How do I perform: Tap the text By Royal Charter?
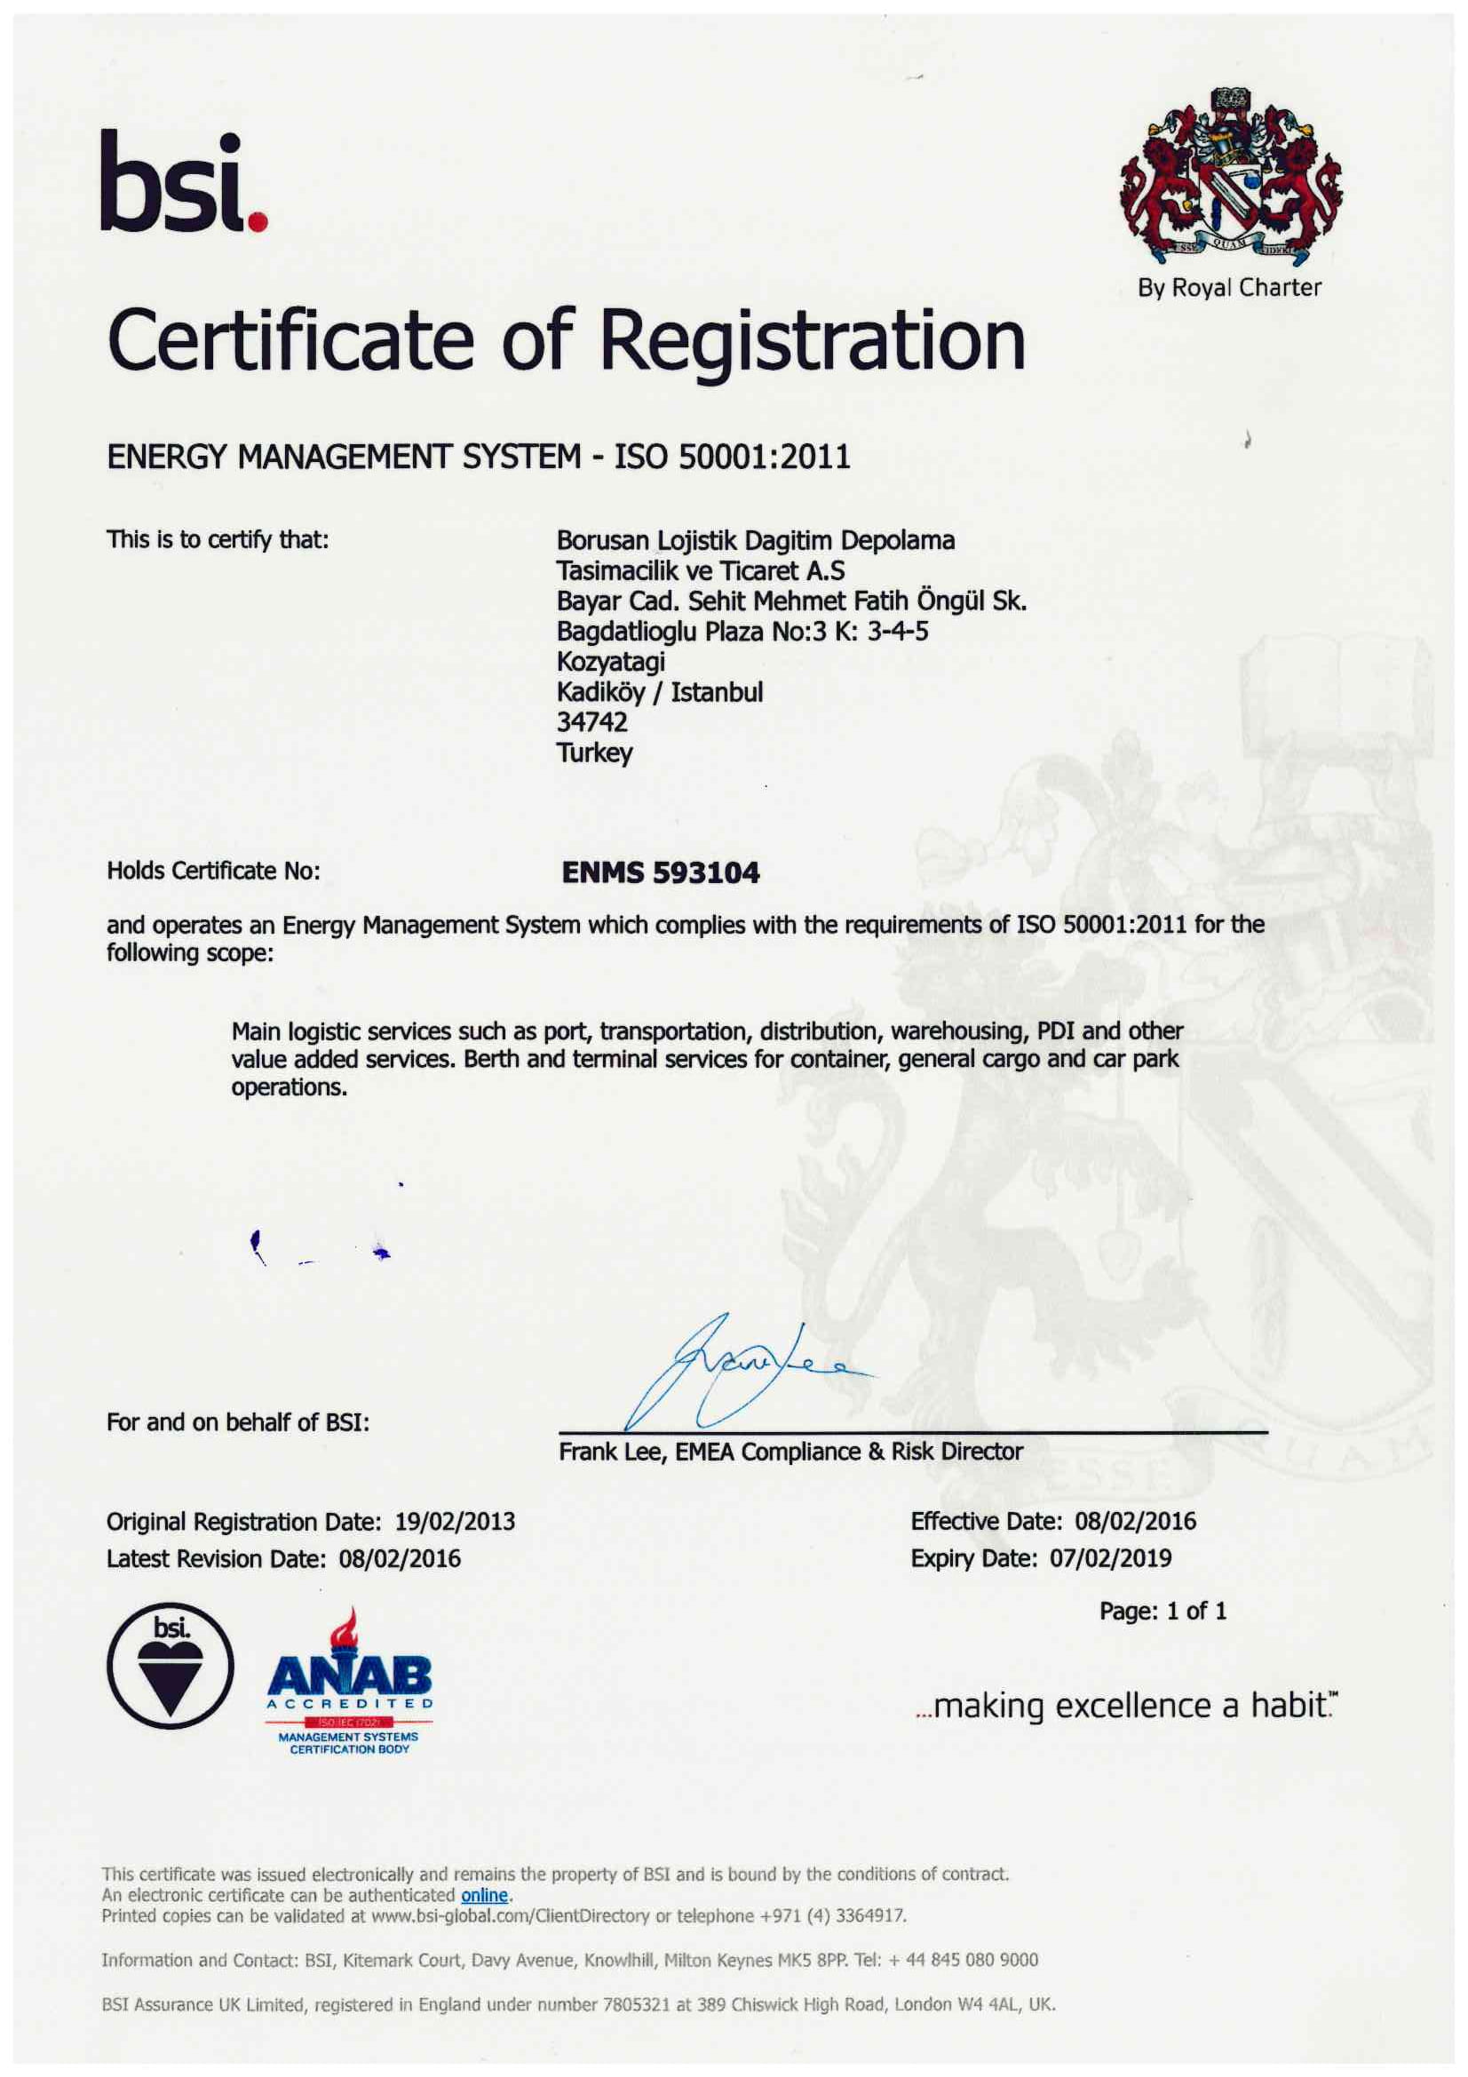[x=1229, y=288]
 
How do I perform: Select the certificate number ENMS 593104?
[x=660, y=872]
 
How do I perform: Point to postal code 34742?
[x=592, y=722]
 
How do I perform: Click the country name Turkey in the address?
[x=594, y=752]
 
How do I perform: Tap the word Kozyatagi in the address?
[x=610, y=661]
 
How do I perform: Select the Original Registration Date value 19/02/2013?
[x=455, y=1522]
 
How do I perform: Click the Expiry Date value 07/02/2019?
[x=1110, y=1559]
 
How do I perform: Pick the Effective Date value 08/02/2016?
[x=1134, y=1522]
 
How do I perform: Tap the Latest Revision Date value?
[x=400, y=1559]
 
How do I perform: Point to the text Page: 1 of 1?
[x=1162, y=1611]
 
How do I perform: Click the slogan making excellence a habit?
[x=1125, y=1706]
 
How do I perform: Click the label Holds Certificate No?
[x=213, y=871]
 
